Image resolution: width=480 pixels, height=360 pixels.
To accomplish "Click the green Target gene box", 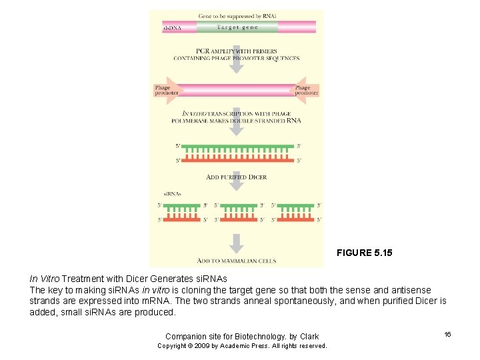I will pyautogui.click(x=237, y=27).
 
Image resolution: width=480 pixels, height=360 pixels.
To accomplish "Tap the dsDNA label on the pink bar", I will pyautogui.click(x=172, y=28).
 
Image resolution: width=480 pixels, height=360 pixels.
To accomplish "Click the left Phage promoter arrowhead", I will pyautogui.click(x=163, y=90).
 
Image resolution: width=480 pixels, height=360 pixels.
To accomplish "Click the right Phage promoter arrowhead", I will pyautogui.click(x=306, y=90).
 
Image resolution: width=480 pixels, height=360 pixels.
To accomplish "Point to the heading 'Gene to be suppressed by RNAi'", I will pyautogui.click(x=237, y=15).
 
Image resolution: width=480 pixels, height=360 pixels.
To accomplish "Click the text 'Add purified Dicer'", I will pyautogui.click(x=237, y=177).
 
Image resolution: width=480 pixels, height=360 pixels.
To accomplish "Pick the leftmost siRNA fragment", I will pyautogui.click(x=182, y=212).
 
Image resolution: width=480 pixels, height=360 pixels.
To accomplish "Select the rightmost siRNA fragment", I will pyautogui.click(x=295, y=212).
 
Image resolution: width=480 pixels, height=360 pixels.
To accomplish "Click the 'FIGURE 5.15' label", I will pyautogui.click(x=364, y=253).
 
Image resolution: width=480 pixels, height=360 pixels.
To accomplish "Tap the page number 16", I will pyautogui.click(x=447, y=334).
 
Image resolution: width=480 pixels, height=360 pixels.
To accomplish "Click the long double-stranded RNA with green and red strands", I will pyautogui.click(x=237, y=153).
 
